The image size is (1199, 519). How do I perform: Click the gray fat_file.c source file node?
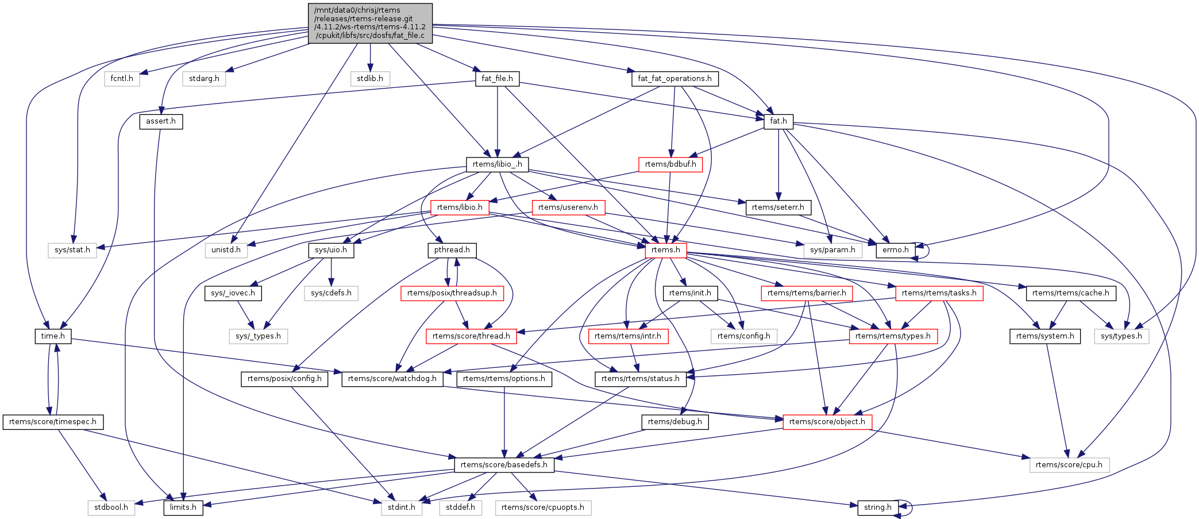(x=370, y=23)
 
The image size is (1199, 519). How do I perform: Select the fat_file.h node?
(x=497, y=79)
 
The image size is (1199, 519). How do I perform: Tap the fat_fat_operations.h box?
(x=674, y=79)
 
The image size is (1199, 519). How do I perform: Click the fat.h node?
(x=778, y=121)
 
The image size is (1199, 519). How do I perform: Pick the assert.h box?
(x=161, y=121)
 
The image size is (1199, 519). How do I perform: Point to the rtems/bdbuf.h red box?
(x=670, y=164)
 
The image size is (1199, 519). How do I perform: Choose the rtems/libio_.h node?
(x=497, y=164)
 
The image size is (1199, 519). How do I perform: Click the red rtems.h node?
(x=666, y=250)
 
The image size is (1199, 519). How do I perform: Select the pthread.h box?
(x=452, y=250)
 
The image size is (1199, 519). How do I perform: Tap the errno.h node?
(x=896, y=250)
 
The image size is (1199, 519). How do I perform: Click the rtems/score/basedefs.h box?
(x=504, y=465)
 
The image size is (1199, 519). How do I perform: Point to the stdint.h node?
(x=402, y=508)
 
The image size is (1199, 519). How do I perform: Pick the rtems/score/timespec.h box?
(x=53, y=422)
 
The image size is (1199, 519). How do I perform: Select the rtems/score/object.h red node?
(x=827, y=422)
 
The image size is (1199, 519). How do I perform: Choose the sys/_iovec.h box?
(x=233, y=293)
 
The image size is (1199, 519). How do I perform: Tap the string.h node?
(x=878, y=508)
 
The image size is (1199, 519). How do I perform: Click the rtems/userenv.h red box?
(x=568, y=207)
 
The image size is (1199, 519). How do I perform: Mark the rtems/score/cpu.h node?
(x=1069, y=465)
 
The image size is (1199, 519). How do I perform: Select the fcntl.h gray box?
(x=122, y=79)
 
